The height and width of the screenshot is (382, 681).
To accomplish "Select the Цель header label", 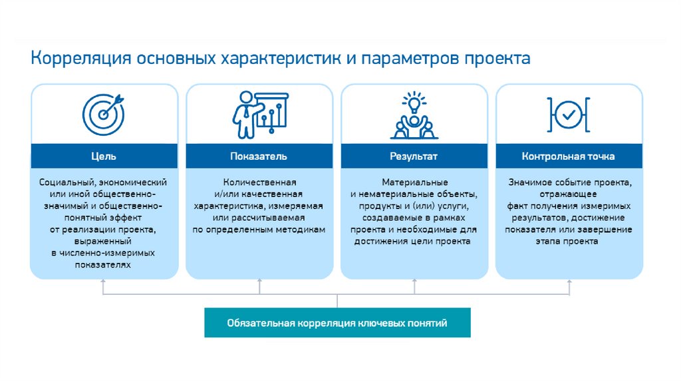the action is pos(104,156).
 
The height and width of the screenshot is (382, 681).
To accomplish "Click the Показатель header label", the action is pos(259,156).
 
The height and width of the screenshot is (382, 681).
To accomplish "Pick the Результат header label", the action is pos(414,156).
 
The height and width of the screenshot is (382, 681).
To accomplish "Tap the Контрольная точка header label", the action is pos(569,156).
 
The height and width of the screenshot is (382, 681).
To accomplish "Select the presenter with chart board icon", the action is pos(261,113).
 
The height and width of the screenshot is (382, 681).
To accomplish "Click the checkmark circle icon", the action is pos(569,115).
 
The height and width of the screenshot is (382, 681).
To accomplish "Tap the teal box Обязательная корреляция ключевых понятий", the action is pos(337,323).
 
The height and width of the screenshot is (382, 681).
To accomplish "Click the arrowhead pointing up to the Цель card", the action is pos(104,282).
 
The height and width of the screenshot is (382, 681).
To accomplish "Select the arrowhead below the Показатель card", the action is pos(259,282).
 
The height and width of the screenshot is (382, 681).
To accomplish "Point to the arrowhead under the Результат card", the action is pos(414,282).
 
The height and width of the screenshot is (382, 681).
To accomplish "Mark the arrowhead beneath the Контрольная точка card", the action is pos(569,282).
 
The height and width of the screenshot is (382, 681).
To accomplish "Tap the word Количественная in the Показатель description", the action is pos(259,182).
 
